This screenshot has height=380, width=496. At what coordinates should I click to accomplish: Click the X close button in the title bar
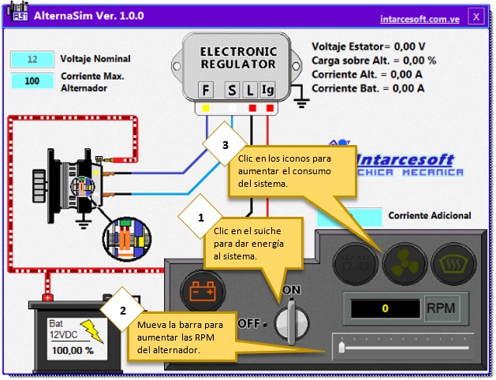(475, 16)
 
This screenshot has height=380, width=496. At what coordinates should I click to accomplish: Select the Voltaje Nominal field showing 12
(32, 59)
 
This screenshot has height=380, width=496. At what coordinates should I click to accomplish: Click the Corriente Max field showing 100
(32, 80)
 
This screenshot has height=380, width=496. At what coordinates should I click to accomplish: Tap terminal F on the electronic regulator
(206, 90)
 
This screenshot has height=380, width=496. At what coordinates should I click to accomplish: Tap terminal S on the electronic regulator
(233, 90)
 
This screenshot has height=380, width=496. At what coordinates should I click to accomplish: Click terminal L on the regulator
(249, 90)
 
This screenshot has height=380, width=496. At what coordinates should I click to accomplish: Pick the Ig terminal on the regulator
(268, 90)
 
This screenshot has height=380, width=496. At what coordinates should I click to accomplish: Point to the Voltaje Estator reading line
(368, 47)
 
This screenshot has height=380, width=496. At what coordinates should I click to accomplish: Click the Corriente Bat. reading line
(367, 88)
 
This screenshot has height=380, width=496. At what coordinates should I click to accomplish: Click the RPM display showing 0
(384, 308)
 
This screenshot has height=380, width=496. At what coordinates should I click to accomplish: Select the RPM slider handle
(341, 347)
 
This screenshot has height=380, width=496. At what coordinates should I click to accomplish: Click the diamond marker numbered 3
(226, 146)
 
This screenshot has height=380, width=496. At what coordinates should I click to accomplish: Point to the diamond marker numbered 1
(200, 216)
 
